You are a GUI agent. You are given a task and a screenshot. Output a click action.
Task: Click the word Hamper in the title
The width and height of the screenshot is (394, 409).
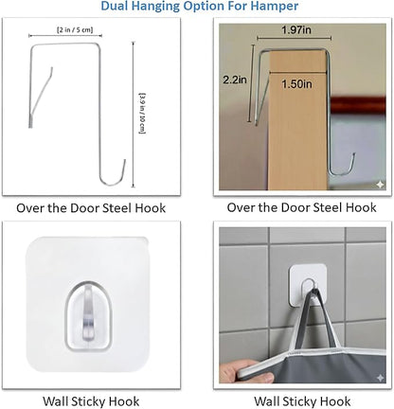tap(277, 6)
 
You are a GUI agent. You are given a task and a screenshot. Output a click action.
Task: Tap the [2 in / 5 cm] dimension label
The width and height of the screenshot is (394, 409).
tap(75, 30)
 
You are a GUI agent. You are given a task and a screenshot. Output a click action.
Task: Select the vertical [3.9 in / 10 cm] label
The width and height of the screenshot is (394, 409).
tap(142, 114)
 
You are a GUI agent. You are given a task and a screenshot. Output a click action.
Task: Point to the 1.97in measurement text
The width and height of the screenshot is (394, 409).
tap(296, 30)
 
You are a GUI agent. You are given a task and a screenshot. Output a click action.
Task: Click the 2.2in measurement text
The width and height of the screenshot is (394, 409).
tap(235, 80)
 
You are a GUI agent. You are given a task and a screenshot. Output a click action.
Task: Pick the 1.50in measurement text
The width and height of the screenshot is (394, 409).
tap(296, 84)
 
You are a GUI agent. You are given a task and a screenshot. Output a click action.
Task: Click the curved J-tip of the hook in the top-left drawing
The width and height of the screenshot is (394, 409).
tap(113, 177)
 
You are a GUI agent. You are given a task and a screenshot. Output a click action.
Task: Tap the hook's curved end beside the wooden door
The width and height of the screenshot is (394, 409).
tap(343, 168)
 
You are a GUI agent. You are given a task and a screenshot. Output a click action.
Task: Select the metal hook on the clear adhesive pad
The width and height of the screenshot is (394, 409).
tap(89, 314)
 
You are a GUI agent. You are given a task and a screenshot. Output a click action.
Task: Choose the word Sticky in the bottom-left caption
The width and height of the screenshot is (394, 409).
tap(92, 401)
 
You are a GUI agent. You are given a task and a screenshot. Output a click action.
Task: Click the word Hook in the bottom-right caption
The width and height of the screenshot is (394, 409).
tap(337, 401)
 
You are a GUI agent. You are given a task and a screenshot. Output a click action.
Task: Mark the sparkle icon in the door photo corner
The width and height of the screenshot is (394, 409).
tap(380, 185)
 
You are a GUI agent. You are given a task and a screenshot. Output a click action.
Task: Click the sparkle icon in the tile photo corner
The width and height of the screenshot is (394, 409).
tap(380, 378)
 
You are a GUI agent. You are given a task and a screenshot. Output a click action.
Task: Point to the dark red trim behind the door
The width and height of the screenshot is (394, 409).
tap(358, 105)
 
